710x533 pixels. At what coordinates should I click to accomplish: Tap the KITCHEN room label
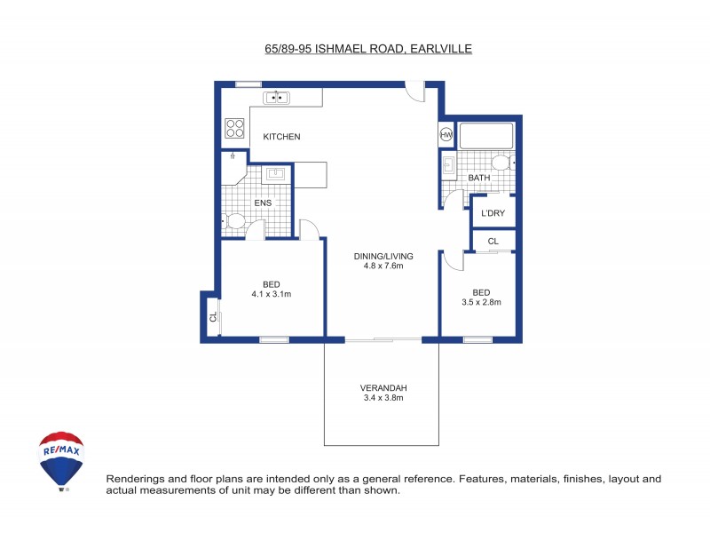tap(281, 137)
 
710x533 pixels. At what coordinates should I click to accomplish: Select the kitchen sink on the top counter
tap(278, 97)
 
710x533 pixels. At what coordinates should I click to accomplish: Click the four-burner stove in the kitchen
tap(234, 128)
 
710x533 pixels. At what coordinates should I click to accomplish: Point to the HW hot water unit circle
tap(446, 135)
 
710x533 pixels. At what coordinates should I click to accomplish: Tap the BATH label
tap(479, 178)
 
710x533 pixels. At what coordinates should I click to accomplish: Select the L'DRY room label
tap(493, 213)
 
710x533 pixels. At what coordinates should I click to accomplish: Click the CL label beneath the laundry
tap(493, 241)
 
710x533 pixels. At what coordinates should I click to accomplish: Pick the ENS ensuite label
tap(263, 203)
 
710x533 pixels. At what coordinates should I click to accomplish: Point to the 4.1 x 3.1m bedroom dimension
tap(271, 294)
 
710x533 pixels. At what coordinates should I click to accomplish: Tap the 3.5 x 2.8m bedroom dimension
tap(481, 302)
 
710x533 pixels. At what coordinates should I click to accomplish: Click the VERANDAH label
tap(383, 388)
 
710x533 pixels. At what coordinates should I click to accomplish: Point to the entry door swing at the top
tap(414, 91)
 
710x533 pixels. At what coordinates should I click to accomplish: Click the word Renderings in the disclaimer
tap(134, 479)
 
